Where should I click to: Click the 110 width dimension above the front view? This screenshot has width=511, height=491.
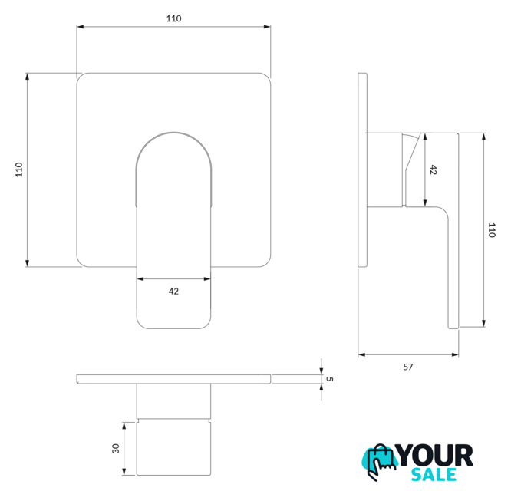(x=173, y=18)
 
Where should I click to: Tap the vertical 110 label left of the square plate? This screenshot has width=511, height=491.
(x=19, y=170)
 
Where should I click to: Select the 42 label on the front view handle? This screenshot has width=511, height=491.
(x=173, y=292)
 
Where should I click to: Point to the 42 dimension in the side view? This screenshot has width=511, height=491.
(x=433, y=170)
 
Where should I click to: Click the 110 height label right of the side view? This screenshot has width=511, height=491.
(x=492, y=230)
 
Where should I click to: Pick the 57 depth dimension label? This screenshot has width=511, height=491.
(x=408, y=367)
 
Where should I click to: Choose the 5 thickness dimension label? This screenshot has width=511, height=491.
(x=329, y=379)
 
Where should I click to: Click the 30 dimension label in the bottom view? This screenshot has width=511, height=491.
(x=116, y=449)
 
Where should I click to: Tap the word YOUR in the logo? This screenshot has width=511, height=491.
(x=435, y=456)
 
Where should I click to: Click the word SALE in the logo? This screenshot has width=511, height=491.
(x=434, y=474)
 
